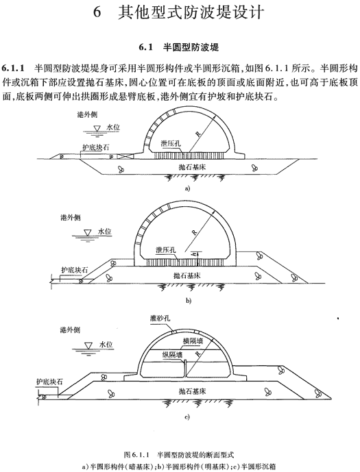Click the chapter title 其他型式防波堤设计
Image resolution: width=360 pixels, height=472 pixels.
coord(191,12)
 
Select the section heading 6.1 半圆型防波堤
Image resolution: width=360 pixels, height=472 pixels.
coord(179,47)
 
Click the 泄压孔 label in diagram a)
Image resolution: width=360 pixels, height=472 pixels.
coord(171,144)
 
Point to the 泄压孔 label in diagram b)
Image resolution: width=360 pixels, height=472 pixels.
coord(166,250)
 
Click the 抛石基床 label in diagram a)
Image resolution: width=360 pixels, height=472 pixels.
coord(192,166)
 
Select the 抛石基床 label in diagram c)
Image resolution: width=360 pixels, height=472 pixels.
coord(192,391)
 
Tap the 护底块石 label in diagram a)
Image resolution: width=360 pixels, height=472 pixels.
coord(96,147)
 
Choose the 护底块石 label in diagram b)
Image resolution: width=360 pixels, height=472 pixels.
coord(74,270)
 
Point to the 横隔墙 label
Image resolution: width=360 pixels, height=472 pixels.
coord(193,340)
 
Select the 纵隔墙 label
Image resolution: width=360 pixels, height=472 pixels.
coord(172,355)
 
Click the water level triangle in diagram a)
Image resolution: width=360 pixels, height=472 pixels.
coord(97,128)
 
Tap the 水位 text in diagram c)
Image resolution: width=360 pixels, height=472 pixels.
coord(106,345)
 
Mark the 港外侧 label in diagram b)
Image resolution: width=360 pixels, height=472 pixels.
coord(71,217)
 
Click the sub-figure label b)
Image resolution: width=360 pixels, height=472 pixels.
coord(189,301)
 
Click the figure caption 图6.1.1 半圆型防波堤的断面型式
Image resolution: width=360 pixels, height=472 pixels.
coord(179,454)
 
